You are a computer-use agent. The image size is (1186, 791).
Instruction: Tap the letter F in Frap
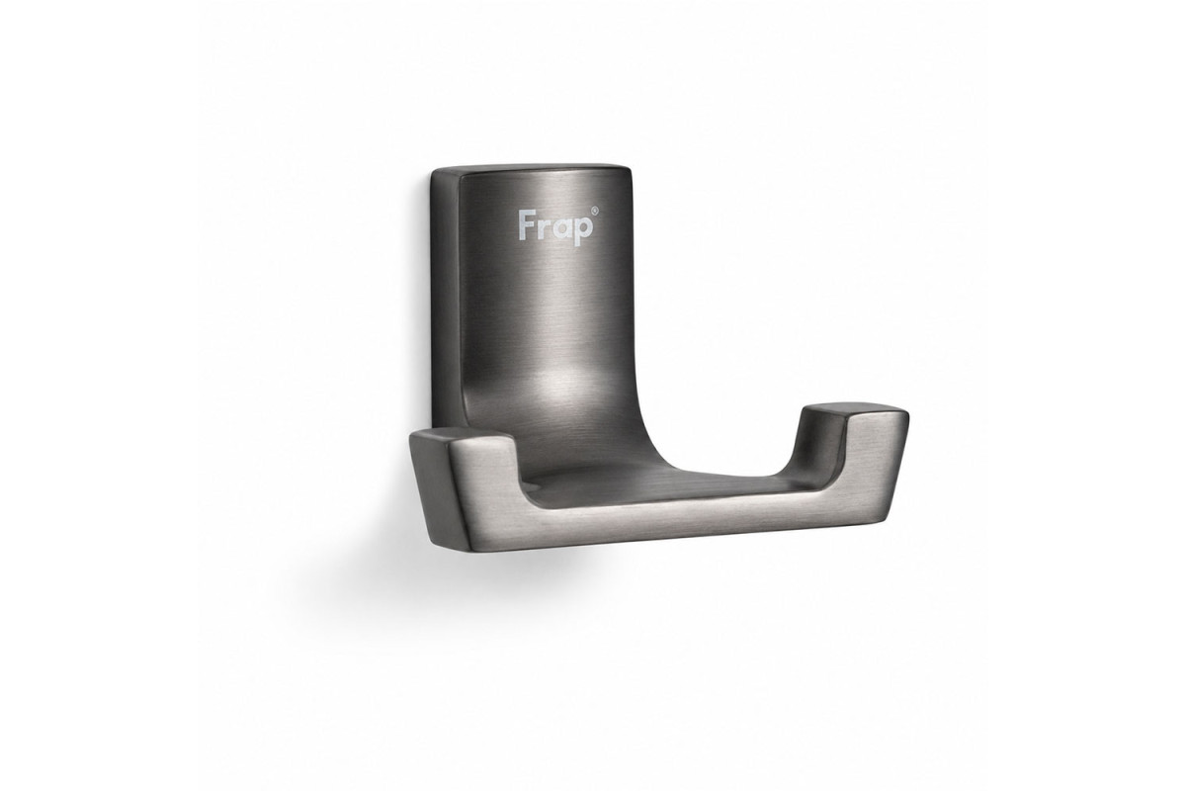click(x=526, y=225)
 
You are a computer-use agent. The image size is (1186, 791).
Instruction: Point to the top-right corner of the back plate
click(x=629, y=167)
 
